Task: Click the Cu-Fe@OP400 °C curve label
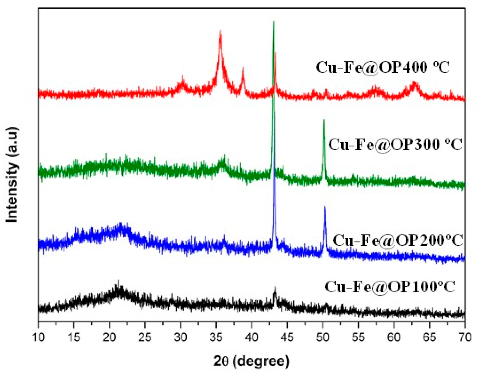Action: [x=383, y=68]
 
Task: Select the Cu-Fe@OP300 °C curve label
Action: [x=395, y=145]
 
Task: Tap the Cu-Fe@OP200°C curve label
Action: [x=398, y=241]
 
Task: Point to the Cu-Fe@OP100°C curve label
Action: [x=390, y=287]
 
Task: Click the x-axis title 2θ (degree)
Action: [x=251, y=361]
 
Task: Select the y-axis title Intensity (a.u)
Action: [x=12, y=175]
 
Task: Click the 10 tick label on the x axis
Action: [x=39, y=337]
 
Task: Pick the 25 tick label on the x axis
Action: [x=145, y=337]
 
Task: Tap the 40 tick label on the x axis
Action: [x=252, y=337]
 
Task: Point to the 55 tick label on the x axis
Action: [x=358, y=337]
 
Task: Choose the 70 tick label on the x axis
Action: [x=465, y=337]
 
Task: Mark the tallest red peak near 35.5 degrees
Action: [x=220, y=32]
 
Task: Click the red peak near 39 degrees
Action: [x=243, y=68]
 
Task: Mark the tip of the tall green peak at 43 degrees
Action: [x=273, y=22]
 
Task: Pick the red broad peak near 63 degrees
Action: [x=414, y=82]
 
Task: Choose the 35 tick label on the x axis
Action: [x=216, y=337]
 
